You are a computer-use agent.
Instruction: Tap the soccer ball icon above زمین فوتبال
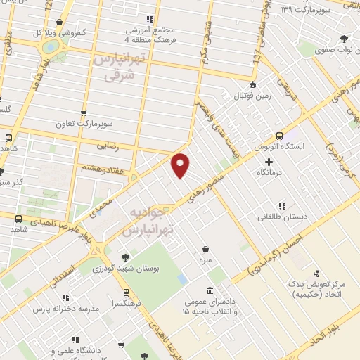click(x=252, y=84)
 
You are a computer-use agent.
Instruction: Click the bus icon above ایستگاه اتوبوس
click(x=279, y=136)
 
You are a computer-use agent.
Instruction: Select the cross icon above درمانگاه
click(x=269, y=162)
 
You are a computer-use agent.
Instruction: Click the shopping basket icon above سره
click(x=205, y=249)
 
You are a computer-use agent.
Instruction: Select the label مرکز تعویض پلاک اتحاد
click(x=316, y=289)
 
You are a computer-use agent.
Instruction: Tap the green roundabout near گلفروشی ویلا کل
click(x=51, y=46)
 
